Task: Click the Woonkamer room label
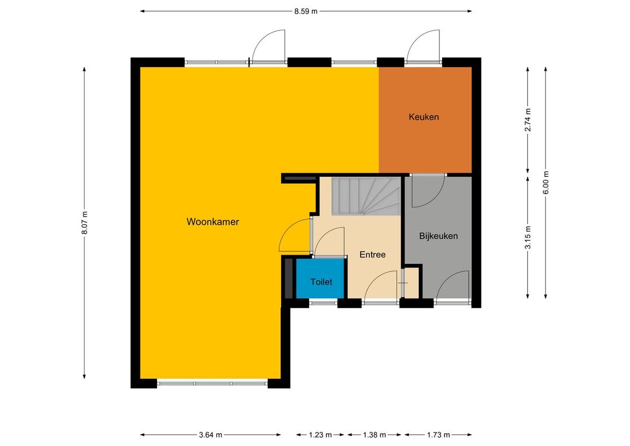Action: point(212,222)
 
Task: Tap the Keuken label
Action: point(423,117)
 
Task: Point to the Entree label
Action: point(372,255)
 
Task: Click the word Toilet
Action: point(321,282)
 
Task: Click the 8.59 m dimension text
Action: point(306,11)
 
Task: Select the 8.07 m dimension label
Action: point(85,223)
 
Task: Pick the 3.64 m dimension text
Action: point(211,435)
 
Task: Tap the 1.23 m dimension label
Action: point(320,435)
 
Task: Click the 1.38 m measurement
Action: point(374,435)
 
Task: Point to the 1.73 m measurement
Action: point(438,435)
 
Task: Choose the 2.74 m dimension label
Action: point(528,120)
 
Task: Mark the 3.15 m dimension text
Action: point(528,237)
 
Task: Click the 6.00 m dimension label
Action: point(546,183)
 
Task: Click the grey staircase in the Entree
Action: point(366,197)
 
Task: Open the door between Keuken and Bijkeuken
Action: point(428,190)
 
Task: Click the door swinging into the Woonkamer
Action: point(295,235)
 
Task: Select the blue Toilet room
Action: point(320,278)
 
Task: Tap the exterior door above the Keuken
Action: point(423,46)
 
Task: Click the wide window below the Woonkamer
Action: point(212,384)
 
